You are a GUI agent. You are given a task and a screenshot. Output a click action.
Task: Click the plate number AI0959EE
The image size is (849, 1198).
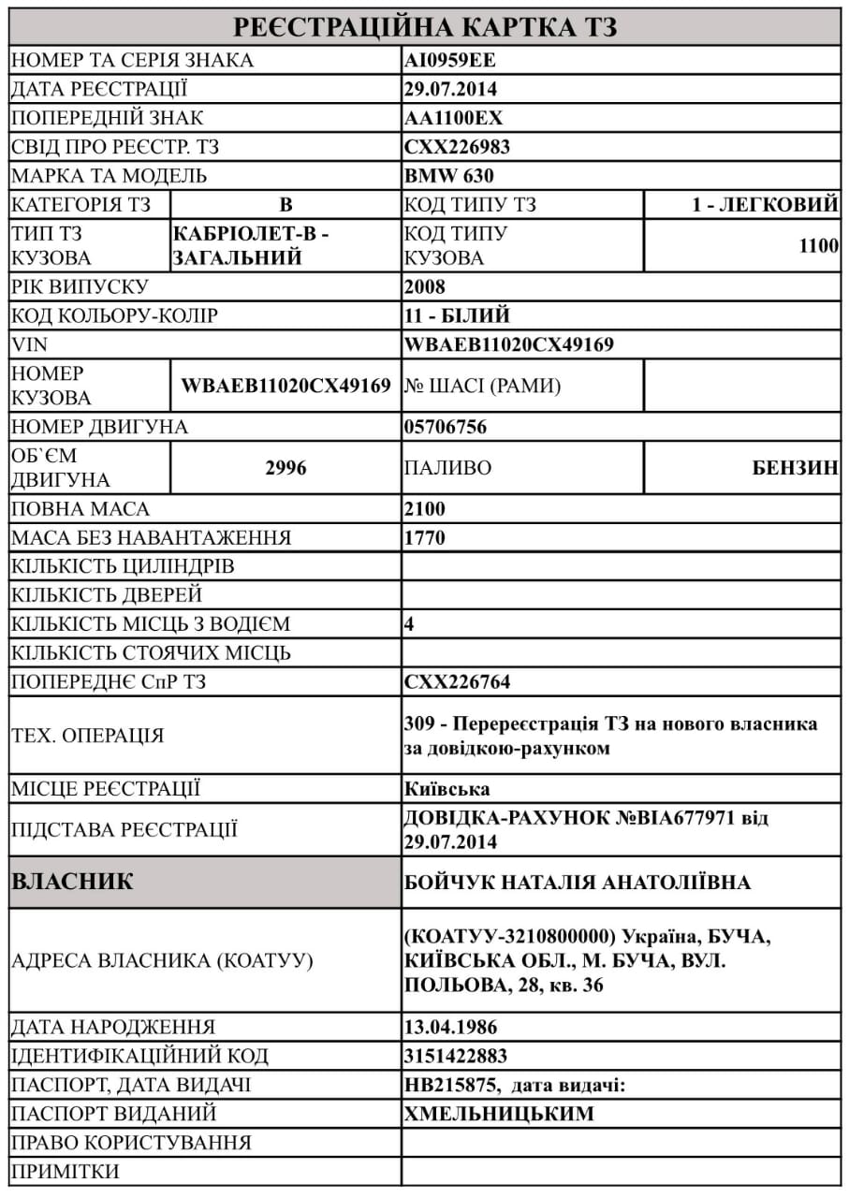click(x=449, y=61)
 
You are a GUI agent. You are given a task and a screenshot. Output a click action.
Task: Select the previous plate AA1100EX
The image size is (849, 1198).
click(x=454, y=119)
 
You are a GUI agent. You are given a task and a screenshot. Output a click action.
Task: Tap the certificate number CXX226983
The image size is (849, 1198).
click(x=458, y=148)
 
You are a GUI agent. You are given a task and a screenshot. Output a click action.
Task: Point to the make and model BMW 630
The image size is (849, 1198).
click(x=449, y=176)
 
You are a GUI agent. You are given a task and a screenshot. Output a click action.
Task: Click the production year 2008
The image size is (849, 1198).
click(x=426, y=286)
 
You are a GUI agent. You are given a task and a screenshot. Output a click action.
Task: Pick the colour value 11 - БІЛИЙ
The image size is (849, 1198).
click(x=457, y=315)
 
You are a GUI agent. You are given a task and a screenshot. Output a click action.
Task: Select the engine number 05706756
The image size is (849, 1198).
click(x=446, y=428)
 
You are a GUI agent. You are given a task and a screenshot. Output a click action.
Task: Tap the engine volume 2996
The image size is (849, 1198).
click(x=285, y=468)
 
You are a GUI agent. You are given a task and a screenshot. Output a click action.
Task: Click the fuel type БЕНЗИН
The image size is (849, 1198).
click(x=796, y=468)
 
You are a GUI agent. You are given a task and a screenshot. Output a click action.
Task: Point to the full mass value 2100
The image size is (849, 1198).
click(x=426, y=509)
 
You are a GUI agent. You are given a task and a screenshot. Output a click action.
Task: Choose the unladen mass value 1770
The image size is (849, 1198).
click(x=426, y=538)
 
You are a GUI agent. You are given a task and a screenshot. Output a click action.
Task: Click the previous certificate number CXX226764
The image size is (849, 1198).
click(x=458, y=682)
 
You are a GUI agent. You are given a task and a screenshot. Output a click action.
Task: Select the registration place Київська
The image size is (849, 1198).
click(x=447, y=788)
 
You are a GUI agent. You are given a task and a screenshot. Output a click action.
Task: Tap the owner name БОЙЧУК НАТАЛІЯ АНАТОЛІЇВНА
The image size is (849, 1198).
click(x=578, y=883)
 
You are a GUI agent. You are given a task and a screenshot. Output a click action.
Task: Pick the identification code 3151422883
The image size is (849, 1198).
click(x=456, y=1056)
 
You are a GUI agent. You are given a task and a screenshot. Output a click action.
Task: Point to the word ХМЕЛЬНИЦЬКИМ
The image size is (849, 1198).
click(x=499, y=1114)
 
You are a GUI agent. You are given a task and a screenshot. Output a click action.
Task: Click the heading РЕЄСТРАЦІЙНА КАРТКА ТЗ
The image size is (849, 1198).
click(x=425, y=27)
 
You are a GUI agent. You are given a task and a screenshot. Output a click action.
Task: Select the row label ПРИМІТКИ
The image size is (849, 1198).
click(x=66, y=1171)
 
